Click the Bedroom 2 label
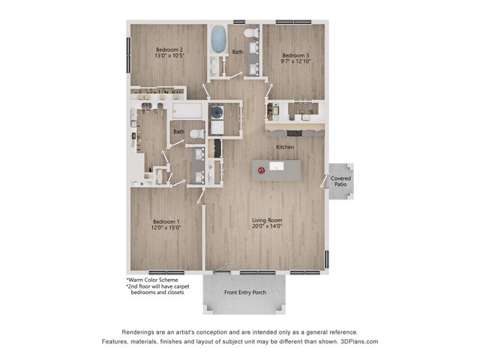169,49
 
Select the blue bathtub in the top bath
218,39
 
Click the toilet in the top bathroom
250,33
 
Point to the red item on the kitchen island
260,170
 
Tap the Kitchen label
285,148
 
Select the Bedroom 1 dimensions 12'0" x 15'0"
166,227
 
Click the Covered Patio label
341,181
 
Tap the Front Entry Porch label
244,292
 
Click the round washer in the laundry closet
217,112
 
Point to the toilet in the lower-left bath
196,134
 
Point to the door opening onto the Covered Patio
325,180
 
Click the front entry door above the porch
222,267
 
